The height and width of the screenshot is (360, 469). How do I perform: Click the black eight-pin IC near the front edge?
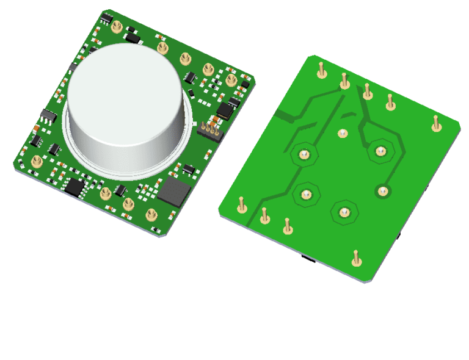[76, 187]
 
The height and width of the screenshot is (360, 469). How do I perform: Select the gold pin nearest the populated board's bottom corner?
[150, 215]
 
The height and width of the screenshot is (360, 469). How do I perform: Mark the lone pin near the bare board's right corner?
[435, 123]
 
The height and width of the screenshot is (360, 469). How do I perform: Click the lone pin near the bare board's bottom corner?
[356, 258]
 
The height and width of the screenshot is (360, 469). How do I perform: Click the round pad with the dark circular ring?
[383, 191]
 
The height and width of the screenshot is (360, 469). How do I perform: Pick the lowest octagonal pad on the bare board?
[344, 212]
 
